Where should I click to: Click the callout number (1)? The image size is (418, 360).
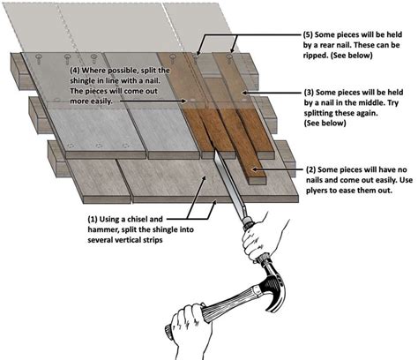coord(93,220)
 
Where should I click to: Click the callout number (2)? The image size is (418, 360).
coord(311,170)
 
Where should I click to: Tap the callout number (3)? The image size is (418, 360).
coord(309,93)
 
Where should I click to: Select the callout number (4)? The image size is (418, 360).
coord(75,71)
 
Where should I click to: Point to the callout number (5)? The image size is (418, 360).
coord(308,34)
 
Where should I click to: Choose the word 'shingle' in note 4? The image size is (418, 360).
coord(84,81)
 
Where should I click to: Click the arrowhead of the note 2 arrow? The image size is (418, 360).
coord(254,169)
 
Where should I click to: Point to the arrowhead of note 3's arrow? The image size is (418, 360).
coord(243,93)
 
